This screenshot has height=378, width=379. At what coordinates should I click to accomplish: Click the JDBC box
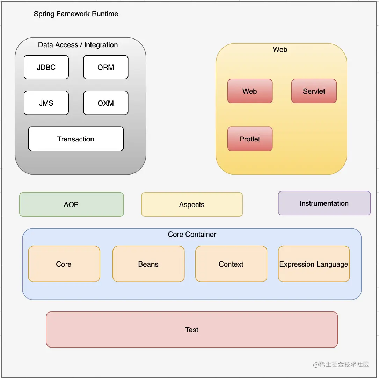[x=46, y=67]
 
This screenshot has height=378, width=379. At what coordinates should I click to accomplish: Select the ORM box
[x=105, y=67]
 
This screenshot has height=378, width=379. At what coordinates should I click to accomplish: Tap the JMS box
[x=46, y=103]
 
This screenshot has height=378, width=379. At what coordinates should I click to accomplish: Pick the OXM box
[x=105, y=103]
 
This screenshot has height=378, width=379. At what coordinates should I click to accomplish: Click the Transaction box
[x=76, y=139]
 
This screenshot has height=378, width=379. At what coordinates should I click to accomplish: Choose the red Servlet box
[x=314, y=91]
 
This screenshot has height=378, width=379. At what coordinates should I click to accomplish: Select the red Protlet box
[x=250, y=139]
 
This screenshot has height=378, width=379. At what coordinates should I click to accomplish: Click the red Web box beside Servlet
[x=250, y=91]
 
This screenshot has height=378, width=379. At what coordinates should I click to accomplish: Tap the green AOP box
[x=72, y=204]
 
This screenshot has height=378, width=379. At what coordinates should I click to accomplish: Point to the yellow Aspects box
[x=192, y=204]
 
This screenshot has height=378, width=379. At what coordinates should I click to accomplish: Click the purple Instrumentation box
[x=325, y=203]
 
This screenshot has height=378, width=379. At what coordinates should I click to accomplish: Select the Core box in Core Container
[x=64, y=264]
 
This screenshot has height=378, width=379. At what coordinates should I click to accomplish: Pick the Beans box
[x=148, y=264]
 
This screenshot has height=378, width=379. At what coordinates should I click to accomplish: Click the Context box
[x=231, y=264]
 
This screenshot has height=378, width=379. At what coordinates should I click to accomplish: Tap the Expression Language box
[x=314, y=264]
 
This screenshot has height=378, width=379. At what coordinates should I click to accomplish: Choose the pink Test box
[x=192, y=330]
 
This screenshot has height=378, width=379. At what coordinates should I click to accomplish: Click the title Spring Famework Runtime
[x=76, y=14]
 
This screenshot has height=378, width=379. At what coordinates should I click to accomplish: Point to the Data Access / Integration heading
[x=78, y=45]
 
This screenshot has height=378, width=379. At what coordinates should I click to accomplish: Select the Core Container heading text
[x=192, y=234]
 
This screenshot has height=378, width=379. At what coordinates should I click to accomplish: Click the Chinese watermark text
[x=341, y=364]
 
